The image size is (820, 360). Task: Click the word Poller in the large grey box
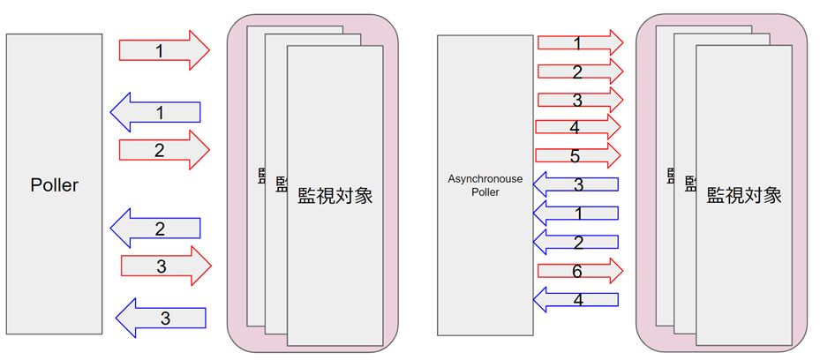click(54, 185)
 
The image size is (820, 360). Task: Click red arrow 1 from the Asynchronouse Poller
click(579, 41)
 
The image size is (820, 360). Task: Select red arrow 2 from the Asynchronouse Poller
click(579, 71)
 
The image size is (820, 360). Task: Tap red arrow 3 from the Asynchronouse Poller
click(579, 100)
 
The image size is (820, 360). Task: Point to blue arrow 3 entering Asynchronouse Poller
click(577, 184)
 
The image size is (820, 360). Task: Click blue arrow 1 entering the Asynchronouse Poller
click(577, 213)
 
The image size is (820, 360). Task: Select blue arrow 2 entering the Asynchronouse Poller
click(577, 241)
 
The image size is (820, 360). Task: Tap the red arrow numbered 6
click(579, 271)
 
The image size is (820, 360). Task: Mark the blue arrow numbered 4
click(577, 299)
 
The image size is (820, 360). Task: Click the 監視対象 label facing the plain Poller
click(335, 195)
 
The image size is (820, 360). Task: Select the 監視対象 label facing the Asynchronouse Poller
click(743, 195)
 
